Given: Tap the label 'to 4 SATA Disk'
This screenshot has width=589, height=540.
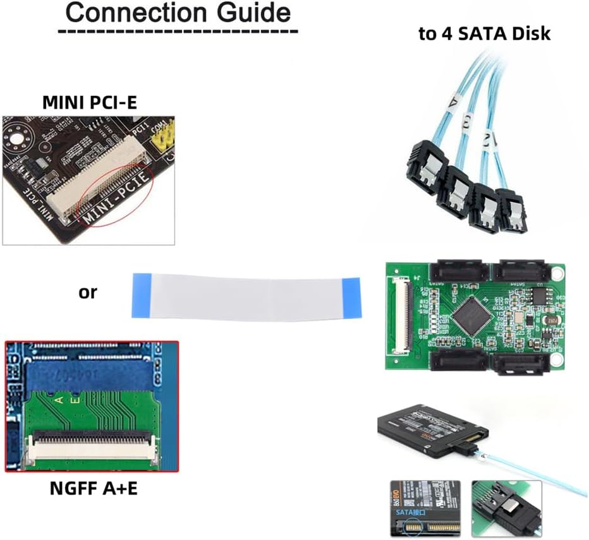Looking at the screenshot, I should [x=484, y=33].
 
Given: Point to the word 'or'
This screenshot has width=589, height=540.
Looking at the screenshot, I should [x=88, y=292].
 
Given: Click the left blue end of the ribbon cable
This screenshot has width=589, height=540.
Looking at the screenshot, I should [x=141, y=294].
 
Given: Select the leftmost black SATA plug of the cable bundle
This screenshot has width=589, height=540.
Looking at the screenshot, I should [x=423, y=169].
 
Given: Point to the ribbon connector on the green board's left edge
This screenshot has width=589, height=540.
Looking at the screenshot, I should [x=401, y=313].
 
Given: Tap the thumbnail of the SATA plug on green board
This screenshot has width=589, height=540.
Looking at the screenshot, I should [x=506, y=508].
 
